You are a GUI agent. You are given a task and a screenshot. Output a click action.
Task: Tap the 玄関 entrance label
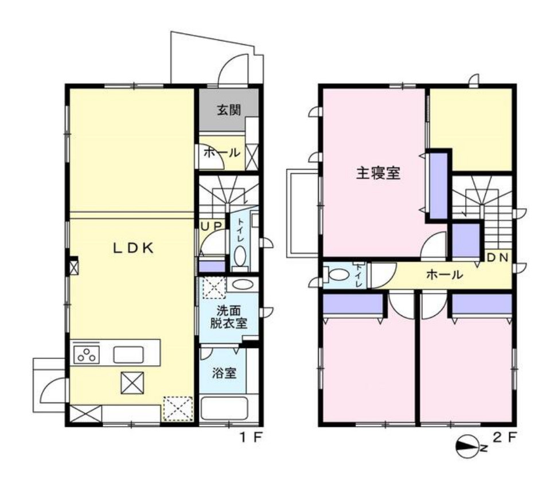(228, 110)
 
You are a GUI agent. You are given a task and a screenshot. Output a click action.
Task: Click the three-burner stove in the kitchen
(86, 354)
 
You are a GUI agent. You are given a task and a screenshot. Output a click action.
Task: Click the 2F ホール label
(444, 275)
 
